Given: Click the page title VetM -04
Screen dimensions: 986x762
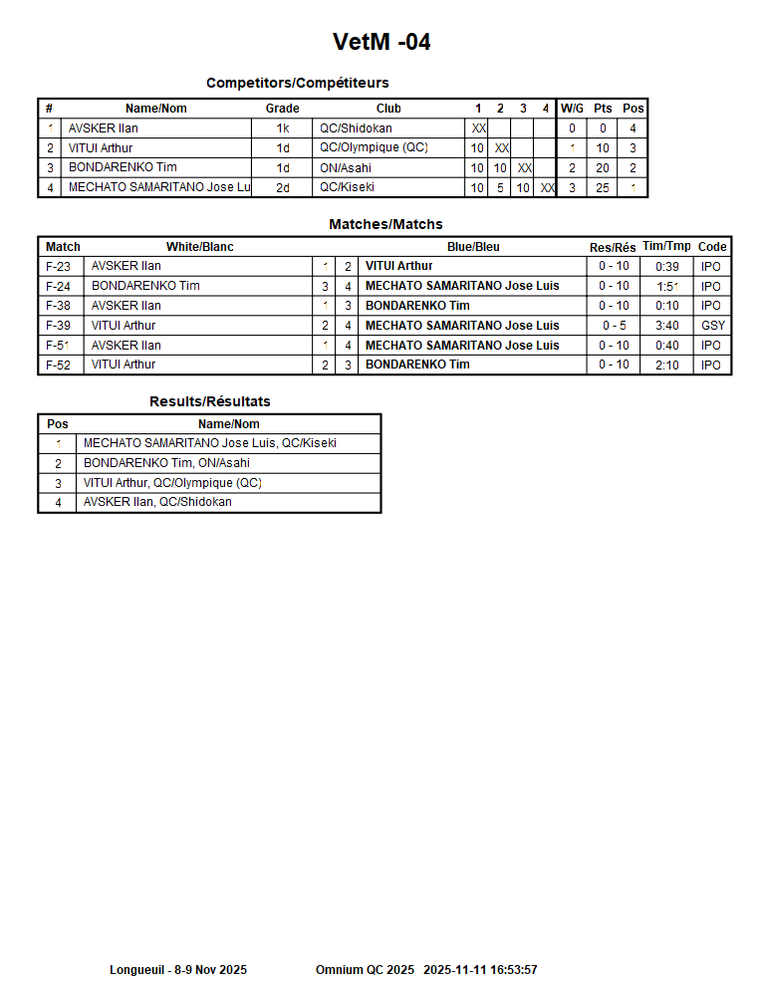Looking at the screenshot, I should tap(381, 42).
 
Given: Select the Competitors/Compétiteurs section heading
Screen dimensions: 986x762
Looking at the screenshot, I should tap(297, 83).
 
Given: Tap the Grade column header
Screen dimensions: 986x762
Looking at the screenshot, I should tap(282, 109).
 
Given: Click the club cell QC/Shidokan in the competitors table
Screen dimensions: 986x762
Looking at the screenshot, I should tap(356, 128).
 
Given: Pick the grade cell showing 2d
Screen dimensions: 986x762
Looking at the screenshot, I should tap(283, 187).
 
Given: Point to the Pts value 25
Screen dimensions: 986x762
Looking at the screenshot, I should tap(603, 187).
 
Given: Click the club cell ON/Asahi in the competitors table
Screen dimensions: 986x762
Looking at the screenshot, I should tap(345, 168).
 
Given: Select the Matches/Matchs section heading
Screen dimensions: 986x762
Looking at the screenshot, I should tap(385, 224).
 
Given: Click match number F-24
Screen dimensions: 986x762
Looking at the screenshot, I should tap(59, 286).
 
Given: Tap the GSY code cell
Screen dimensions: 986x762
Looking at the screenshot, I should tap(713, 326).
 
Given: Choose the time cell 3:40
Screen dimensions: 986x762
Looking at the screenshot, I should tap(667, 326).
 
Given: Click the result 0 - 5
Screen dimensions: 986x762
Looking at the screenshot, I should tap(614, 326).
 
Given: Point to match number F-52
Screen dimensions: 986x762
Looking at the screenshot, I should tap(59, 366).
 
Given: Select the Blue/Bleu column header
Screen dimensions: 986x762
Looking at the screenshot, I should tap(473, 247).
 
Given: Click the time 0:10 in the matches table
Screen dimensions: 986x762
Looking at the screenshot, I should tap(667, 306).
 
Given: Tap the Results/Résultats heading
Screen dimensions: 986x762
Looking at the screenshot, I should tap(209, 401).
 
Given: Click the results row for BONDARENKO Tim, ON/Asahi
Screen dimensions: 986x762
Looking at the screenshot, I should tap(166, 463).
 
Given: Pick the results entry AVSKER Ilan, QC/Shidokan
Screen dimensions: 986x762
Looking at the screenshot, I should tap(157, 502).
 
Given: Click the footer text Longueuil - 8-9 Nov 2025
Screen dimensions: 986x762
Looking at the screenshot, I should tap(178, 969).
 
